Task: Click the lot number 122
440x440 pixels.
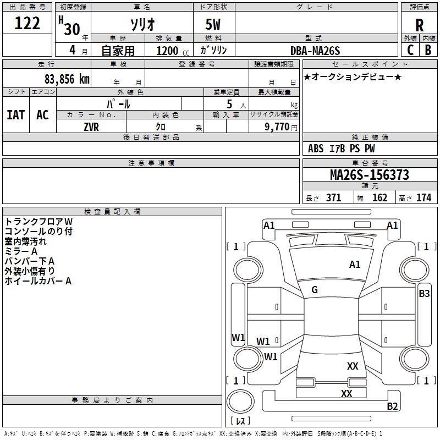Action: (28, 23)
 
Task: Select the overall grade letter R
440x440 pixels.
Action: (419, 25)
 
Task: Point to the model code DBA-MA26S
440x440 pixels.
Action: (315, 51)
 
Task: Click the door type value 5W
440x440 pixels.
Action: (213, 25)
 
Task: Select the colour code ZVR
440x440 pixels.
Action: (91, 126)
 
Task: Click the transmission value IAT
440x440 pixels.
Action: (15, 114)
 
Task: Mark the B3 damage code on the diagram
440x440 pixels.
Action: (424, 294)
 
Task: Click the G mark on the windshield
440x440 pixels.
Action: (315, 290)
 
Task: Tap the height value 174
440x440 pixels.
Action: (424, 198)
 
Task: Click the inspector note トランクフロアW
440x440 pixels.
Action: (38, 221)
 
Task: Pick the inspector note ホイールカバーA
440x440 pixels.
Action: (38, 281)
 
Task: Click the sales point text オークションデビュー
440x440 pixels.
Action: (353, 76)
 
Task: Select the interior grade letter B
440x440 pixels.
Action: (427, 50)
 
